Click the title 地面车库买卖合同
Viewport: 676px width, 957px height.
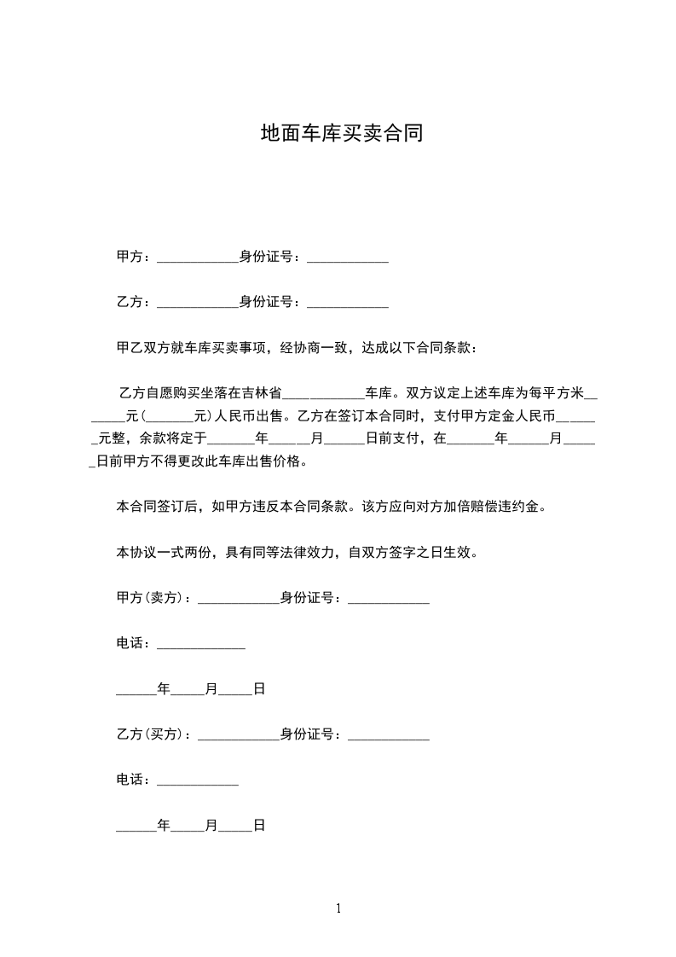click(x=341, y=134)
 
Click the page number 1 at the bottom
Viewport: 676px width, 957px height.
click(x=338, y=908)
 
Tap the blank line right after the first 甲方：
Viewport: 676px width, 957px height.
click(x=198, y=258)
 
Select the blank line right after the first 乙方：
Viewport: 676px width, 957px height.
click(x=198, y=302)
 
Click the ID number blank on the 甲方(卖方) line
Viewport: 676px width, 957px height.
click(x=389, y=599)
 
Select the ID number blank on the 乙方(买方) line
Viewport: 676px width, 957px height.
click(x=389, y=734)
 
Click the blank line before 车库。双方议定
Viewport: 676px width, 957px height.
click(x=323, y=393)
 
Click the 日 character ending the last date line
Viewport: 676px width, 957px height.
click(x=259, y=825)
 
